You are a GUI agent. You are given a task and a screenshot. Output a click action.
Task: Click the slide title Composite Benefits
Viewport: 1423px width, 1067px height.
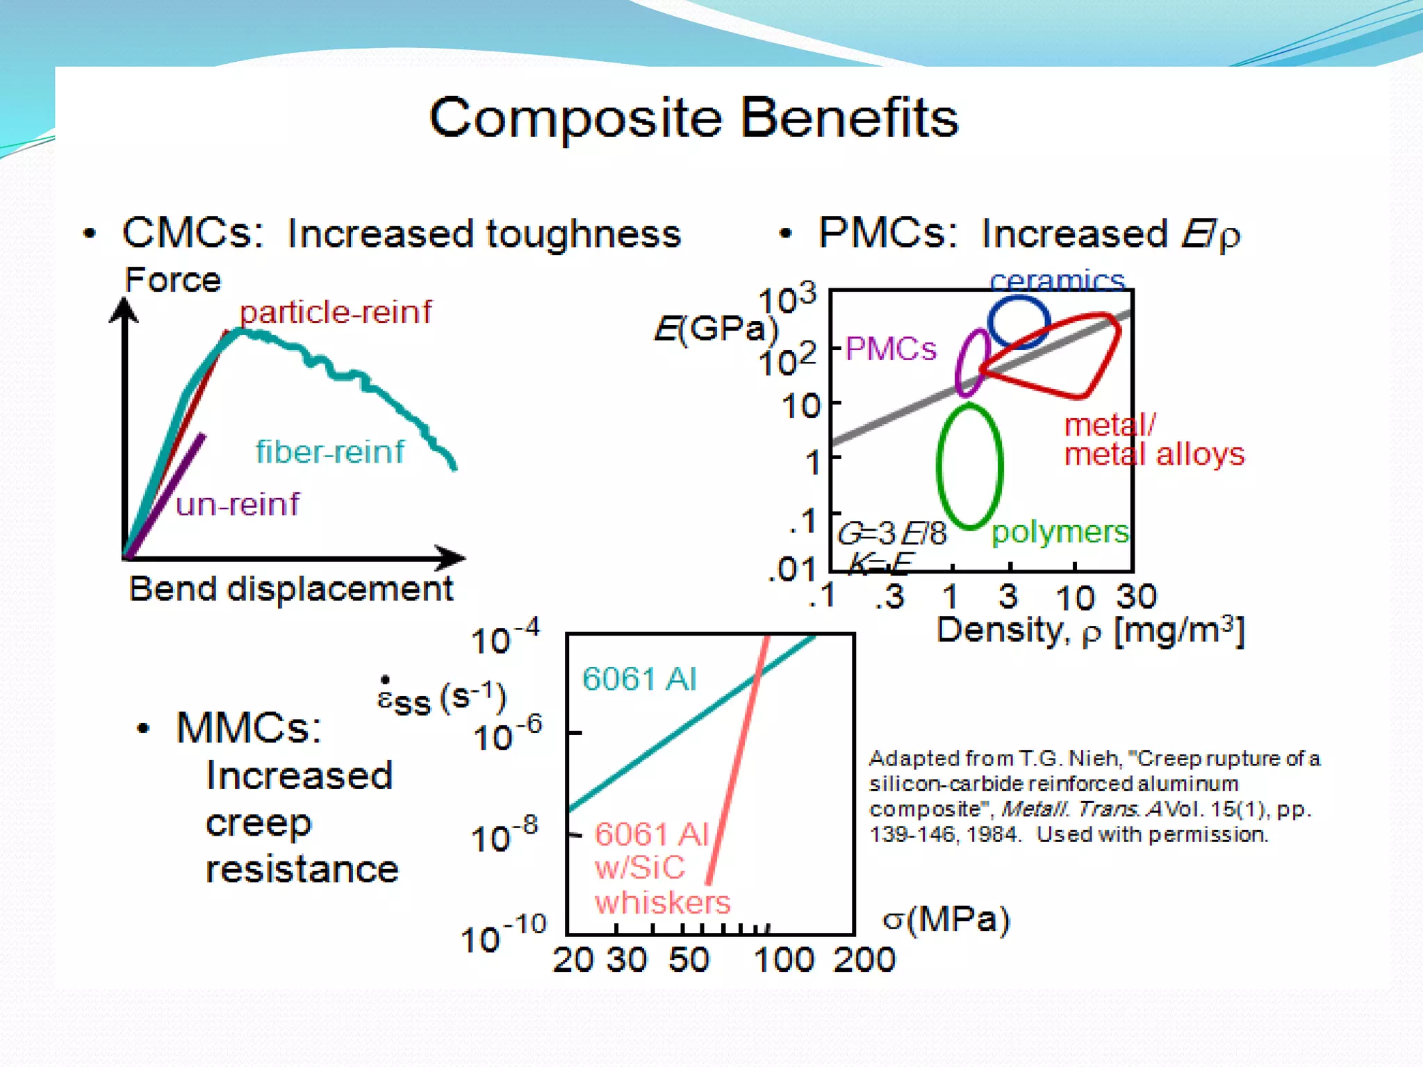693,118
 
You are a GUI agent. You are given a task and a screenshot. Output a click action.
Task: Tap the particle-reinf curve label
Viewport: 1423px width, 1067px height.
335,312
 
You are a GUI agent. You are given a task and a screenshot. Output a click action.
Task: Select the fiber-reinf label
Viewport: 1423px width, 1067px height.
330,452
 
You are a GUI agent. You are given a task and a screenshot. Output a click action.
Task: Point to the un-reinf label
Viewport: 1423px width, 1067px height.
237,504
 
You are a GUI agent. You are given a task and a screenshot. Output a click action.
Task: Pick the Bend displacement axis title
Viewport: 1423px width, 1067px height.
291,589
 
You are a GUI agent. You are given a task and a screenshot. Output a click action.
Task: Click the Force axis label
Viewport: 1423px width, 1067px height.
172,280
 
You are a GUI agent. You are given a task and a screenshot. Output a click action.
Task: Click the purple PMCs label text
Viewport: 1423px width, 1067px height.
891,349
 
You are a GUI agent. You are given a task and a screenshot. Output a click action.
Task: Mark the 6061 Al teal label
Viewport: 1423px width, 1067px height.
639,679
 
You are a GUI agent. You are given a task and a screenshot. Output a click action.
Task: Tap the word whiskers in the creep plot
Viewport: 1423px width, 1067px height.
662,902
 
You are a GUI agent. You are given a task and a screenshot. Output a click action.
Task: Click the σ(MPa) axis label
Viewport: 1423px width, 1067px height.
946,920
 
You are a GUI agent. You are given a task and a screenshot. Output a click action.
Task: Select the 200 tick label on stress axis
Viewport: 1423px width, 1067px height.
864,960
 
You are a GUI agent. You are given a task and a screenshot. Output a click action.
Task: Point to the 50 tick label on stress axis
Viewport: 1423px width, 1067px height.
689,960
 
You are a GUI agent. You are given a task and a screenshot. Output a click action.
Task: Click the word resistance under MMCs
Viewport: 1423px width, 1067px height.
302,870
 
